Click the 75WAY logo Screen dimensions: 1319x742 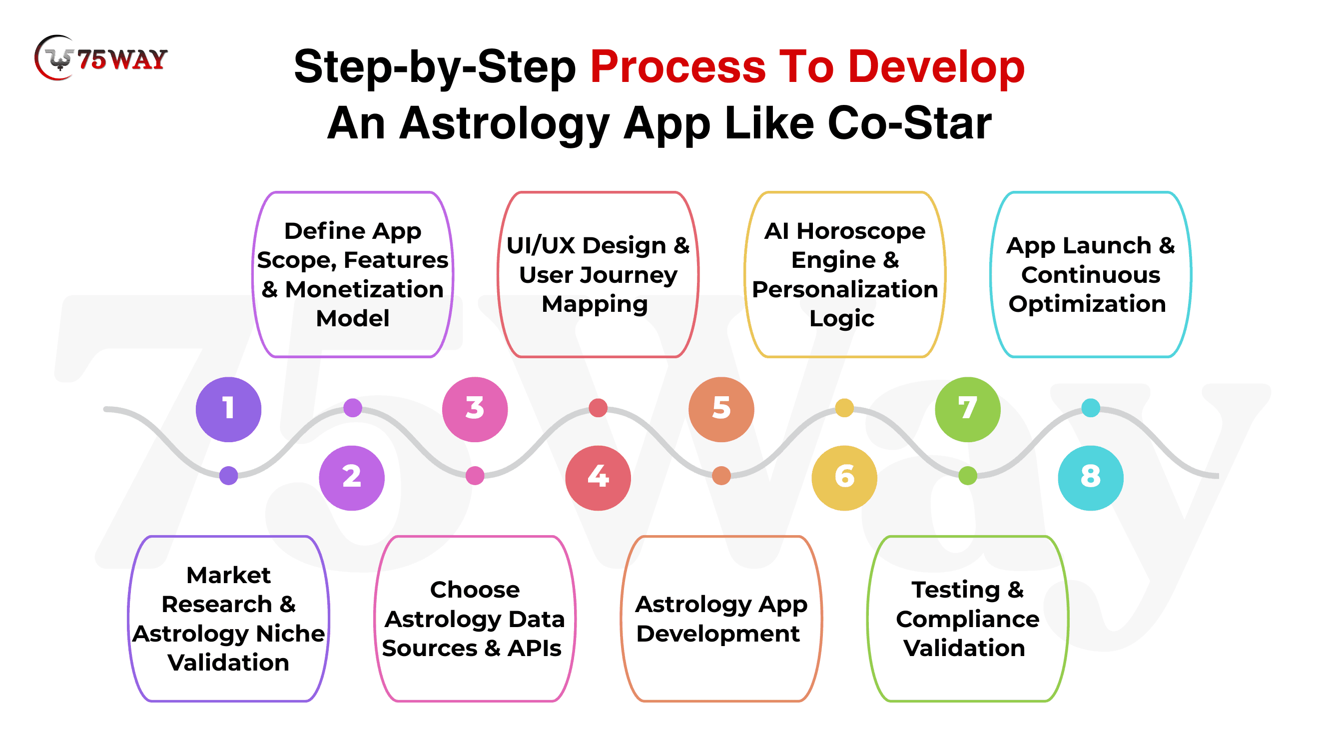tap(101, 58)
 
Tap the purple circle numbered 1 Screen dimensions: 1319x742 tap(228, 409)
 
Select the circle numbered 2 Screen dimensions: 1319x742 tap(352, 478)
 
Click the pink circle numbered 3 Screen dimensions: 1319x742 tap(475, 409)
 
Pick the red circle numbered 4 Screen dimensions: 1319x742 tap(598, 478)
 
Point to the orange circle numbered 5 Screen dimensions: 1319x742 tap(721, 409)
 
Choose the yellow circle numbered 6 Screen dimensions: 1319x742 tap(844, 478)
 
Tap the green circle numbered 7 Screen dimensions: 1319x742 tap(967, 409)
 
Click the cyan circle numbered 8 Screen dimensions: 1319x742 tap(1091, 478)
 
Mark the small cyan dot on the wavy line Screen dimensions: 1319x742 tap(1091, 408)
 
